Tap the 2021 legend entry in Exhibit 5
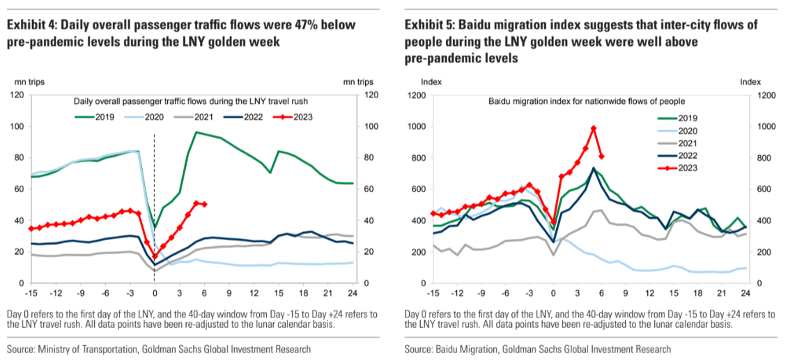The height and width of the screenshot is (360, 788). pyautogui.click(x=706, y=142)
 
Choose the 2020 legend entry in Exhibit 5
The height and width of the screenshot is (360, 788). pyautogui.click(x=706, y=130)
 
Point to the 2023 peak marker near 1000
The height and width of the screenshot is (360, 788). pyautogui.click(x=594, y=129)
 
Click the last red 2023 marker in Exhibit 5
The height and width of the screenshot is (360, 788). pyautogui.click(x=601, y=156)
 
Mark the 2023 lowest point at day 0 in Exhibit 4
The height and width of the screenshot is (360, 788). pyautogui.click(x=155, y=256)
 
